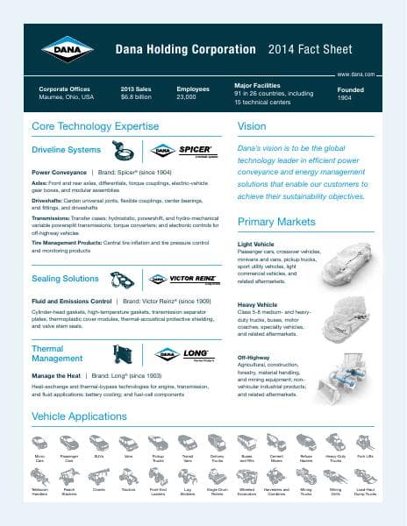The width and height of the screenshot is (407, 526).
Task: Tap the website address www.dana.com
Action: pos(355,76)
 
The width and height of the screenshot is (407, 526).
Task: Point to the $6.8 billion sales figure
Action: pos(137,98)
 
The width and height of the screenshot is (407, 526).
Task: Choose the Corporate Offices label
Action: pos(66,89)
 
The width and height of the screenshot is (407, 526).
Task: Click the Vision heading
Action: pos(253,127)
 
